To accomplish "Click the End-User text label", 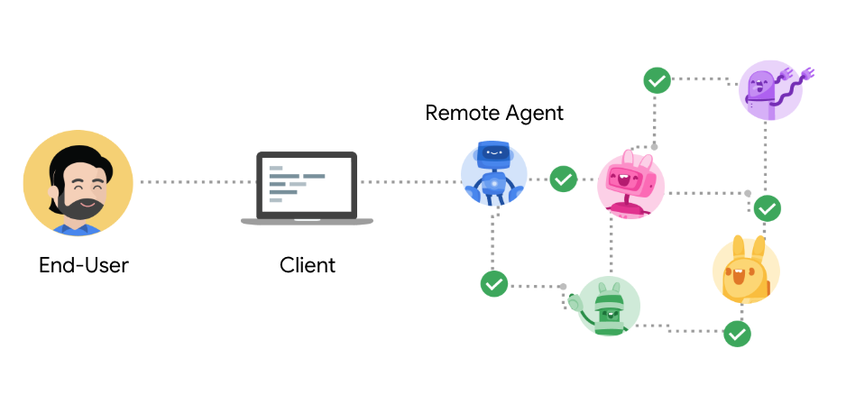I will click(x=84, y=265).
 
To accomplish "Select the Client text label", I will click(x=307, y=265).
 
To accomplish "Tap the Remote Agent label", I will click(x=494, y=113).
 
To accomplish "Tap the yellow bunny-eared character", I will click(x=745, y=271).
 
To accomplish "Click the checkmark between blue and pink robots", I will click(x=564, y=179).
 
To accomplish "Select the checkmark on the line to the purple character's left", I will click(x=657, y=80).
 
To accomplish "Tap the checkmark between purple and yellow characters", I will click(x=768, y=208).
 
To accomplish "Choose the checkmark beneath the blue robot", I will click(x=493, y=284).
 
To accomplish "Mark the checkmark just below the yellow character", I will click(x=738, y=334).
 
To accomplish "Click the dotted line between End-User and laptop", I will click(x=193, y=182).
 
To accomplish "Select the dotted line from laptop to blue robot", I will click(x=410, y=182).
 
